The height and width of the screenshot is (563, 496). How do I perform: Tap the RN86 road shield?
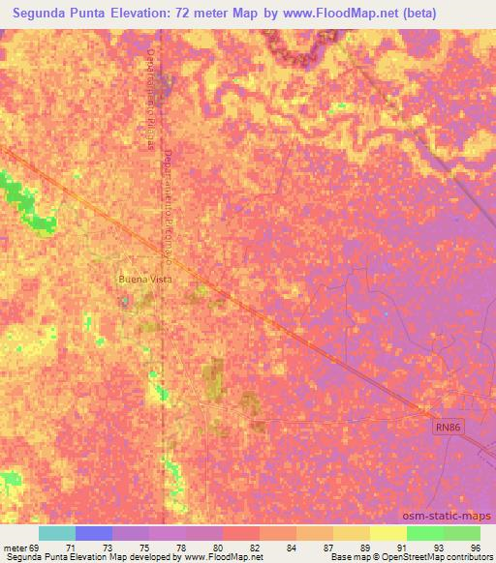446,426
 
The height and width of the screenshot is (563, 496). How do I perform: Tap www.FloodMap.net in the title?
328,14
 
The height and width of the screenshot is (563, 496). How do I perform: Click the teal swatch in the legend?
57,533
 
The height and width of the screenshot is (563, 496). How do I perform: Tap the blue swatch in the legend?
94,533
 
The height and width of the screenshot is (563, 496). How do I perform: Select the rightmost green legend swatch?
462,533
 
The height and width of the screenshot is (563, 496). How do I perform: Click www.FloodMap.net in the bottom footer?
223,557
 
